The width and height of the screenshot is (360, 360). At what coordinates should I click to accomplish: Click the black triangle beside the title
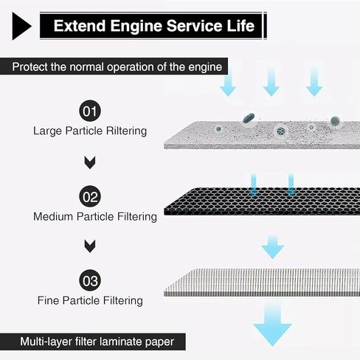click(21, 26)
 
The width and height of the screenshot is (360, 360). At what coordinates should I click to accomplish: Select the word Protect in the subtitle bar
click(30, 67)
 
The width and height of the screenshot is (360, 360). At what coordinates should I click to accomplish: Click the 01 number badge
click(90, 111)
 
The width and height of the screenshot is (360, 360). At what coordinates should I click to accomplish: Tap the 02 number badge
click(90, 196)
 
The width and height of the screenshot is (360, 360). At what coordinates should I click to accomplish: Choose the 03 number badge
click(90, 280)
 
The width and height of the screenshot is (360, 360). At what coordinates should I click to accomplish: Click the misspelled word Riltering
click(126, 131)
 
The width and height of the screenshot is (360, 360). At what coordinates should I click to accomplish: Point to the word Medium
click(53, 217)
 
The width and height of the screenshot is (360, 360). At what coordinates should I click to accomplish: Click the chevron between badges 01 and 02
click(90, 162)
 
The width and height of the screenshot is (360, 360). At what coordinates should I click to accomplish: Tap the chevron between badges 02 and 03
click(90, 246)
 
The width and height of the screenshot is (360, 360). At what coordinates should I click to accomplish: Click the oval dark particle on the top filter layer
click(249, 118)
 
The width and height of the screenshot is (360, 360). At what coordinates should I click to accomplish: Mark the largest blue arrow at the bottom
click(272, 324)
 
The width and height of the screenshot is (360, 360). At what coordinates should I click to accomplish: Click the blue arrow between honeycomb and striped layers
click(272, 247)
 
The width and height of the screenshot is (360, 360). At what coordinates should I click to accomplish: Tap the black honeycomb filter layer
click(262, 201)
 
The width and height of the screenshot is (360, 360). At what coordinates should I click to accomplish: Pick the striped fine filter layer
click(262, 283)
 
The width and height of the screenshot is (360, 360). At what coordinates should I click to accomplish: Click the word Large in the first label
click(47, 131)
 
